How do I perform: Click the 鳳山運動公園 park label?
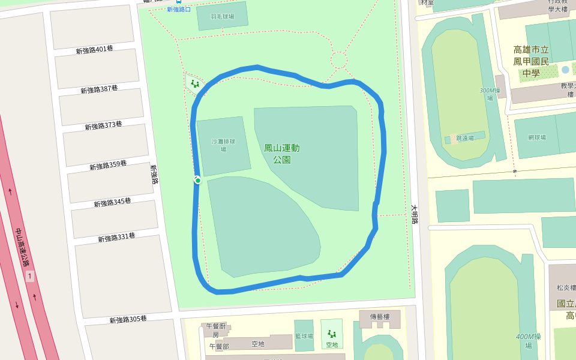(281, 154)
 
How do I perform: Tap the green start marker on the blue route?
(197, 180)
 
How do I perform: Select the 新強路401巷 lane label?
(94, 50)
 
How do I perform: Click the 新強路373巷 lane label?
(103, 125)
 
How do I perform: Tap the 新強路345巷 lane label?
(112, 202)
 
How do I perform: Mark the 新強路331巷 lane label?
(116, 238)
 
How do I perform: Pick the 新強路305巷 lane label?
(128, 319)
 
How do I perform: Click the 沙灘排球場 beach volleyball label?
(223, 145)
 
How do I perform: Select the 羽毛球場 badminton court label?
(222, 17)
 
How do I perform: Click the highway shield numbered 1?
(29, 276)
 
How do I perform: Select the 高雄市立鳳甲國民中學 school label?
(531, 61)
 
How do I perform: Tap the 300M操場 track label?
(490, 94)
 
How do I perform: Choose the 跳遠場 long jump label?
(464, 138)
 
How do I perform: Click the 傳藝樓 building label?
(379, 316)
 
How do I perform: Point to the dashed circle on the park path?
(339, 60)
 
